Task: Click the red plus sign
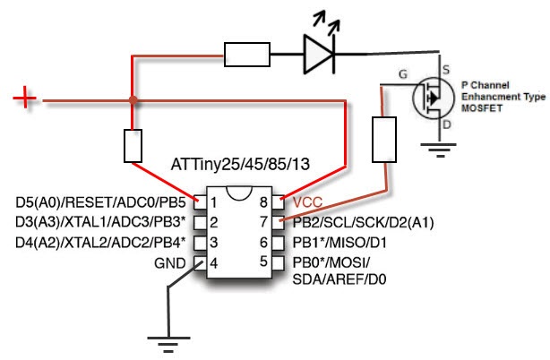24,98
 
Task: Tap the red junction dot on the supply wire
133,100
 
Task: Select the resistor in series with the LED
247,55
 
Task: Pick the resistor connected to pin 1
133,146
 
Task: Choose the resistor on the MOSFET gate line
384,140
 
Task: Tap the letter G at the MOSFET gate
403,74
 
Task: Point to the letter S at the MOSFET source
446,70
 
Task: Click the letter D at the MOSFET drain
446,124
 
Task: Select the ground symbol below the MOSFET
438,150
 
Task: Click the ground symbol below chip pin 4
168,344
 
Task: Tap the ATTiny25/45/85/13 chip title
240,164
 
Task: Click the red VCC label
307,202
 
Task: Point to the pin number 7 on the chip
263,222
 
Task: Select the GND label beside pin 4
170,263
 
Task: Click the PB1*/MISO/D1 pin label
339,243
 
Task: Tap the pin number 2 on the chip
213,222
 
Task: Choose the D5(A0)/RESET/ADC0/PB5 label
100,202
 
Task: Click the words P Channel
485,85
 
